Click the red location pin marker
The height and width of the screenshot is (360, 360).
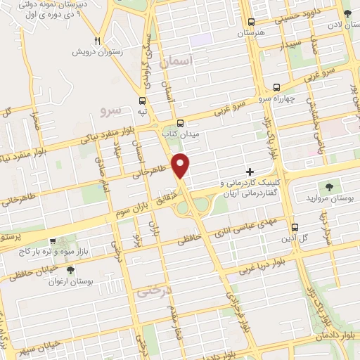[x=181, y=165]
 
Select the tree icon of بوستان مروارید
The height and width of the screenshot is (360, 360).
[x=329, y=186]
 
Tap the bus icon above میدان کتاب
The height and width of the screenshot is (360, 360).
[x=181, y=121]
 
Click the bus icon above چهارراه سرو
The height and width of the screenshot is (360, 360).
[x=276, y=88]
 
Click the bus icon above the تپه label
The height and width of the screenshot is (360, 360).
[x=143, y=101]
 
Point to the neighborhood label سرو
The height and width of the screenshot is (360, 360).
[x=112, y=110]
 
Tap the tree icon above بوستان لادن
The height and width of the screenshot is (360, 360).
[x=347, y=13]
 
